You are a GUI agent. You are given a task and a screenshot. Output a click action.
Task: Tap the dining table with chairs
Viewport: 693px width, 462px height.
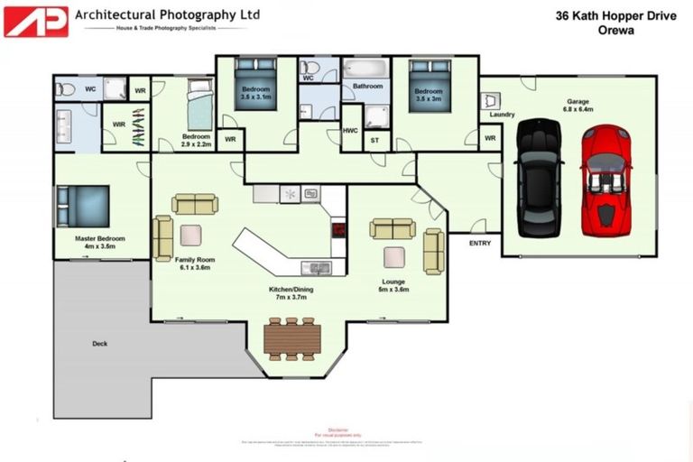pos(291,338)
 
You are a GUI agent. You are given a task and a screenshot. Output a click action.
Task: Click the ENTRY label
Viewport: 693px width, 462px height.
pos(481,243)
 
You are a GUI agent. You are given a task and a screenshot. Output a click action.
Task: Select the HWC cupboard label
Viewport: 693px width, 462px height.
pos(351,130)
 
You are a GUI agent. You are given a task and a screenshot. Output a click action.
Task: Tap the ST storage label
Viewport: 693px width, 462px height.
pos(376,140)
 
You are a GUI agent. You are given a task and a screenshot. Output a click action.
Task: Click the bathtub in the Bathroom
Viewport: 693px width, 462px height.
pos(365,69)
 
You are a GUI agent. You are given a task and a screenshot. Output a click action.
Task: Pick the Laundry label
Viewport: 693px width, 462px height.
pos(502,115)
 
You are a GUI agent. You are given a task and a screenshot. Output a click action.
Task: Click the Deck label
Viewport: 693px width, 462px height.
pos(99,343)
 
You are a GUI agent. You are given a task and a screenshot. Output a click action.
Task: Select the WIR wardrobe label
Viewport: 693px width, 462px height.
pos(117,124)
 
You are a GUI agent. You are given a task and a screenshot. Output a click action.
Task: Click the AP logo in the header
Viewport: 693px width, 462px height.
pos(36,20)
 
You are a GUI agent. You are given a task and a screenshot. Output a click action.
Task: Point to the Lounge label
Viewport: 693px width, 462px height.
pos(393,284)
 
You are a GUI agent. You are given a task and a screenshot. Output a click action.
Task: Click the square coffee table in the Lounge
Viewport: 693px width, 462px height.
pos(394,257)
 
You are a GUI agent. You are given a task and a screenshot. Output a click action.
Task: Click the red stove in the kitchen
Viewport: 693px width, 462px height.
pos(338,229)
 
